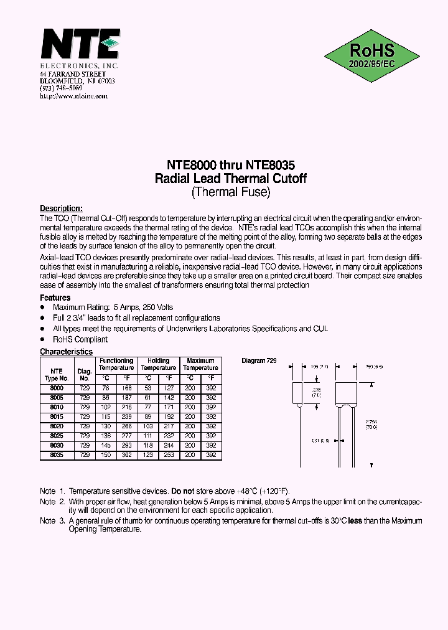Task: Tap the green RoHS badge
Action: coord(371,56)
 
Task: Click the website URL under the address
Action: coord(73,96)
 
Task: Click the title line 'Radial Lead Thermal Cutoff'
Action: coord(230,179)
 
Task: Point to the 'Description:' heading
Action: coord(61,209)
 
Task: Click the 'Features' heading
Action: coord(55,298)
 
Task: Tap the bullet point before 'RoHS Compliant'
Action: coord(42,339)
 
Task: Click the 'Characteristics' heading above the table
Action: coord(66,352)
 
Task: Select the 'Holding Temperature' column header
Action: coord(158,364)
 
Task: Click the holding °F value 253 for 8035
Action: coord(169,455)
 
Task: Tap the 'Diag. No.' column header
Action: coord(85,374)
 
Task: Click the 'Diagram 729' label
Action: coord(259,361)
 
